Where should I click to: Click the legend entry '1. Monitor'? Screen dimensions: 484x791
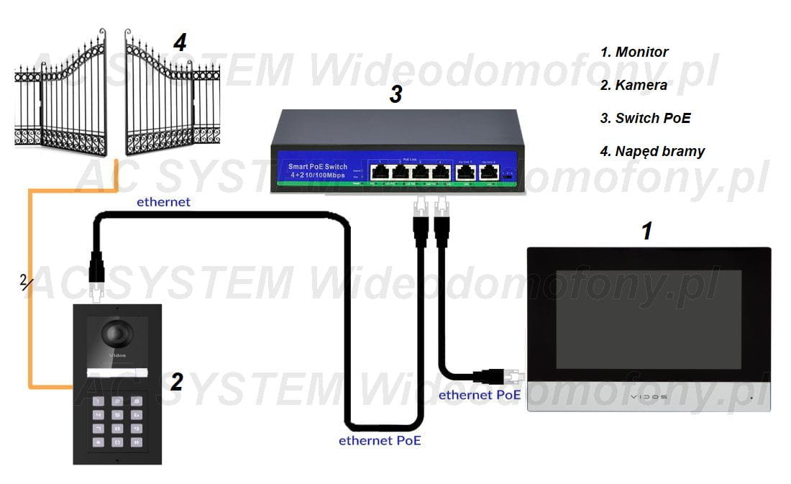(634, 52)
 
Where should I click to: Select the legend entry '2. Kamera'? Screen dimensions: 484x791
(634, 85)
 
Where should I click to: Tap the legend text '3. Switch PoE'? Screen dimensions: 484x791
(645, 118)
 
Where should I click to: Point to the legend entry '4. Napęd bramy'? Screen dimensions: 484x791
(652, 151)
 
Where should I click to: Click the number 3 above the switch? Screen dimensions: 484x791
(395, 94)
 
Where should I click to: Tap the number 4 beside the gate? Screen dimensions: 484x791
(180, 42)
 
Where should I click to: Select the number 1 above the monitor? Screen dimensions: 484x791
(646, 231)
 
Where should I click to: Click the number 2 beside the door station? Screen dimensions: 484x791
(176, 382)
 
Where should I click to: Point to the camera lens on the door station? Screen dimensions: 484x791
(116, 334)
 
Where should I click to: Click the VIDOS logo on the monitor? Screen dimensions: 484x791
(649, 397)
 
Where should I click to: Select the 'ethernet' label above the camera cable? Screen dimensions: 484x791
(163, 202)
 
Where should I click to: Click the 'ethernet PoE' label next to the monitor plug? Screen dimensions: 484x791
(480, 395)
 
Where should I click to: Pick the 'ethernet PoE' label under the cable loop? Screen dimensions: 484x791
(380, 440)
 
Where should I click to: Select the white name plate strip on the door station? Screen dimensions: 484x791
(117, 372)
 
